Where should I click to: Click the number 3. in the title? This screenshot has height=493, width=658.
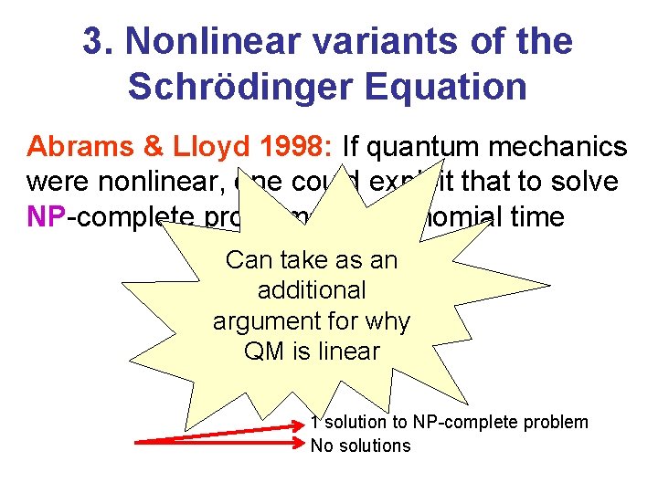pyautogui.click(x=98, y=41)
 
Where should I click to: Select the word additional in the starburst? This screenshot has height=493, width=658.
pyautogui.click(x=312, y=290)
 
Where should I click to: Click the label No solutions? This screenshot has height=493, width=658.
pyautogui.click(x=361, y=446)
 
